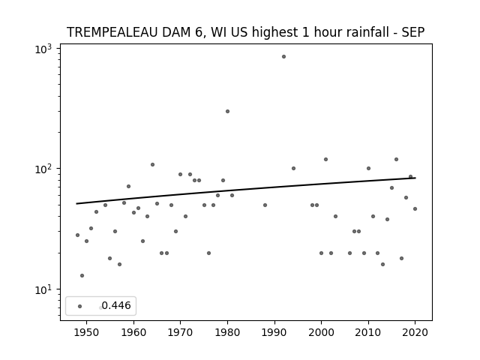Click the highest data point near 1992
coord(283,57)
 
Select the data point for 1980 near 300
coord(227,112)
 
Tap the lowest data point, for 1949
coord(82,275)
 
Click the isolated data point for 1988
coord(265,205)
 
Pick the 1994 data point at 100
coord(293,168)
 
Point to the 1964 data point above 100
coord(152,165)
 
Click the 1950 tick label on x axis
coord(87,332)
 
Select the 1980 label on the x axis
coord(227,332)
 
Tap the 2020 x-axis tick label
coord(415,332)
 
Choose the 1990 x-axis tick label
coord(274,332)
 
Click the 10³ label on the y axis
coord(43,49)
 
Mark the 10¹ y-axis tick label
coord(43,289)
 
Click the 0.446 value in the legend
coord(116,305)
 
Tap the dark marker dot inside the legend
coord(80,307)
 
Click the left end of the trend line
coord(76,203)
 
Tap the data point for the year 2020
coord(415,208)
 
